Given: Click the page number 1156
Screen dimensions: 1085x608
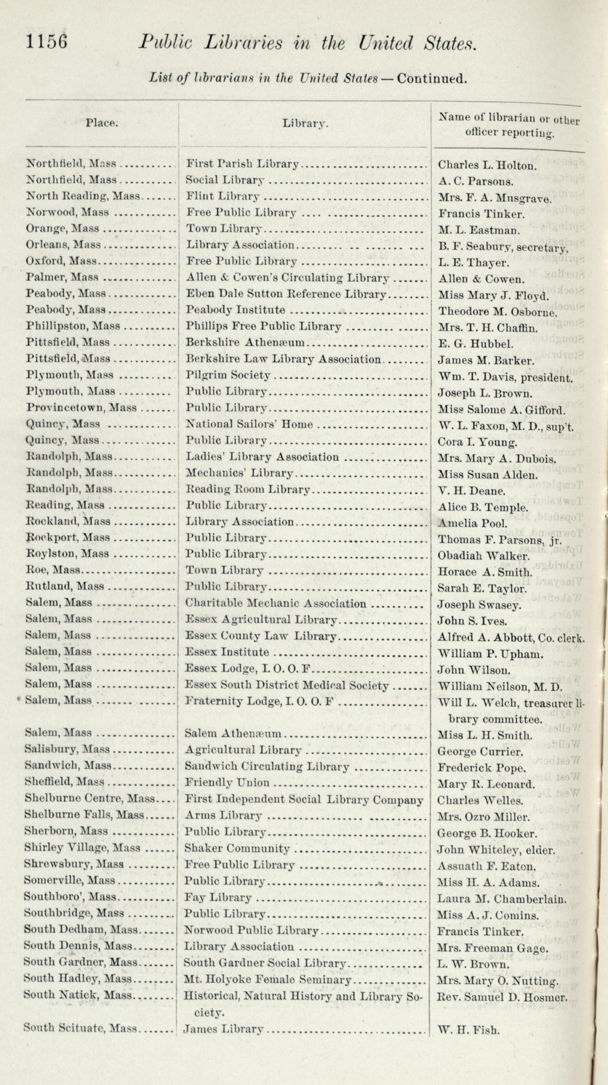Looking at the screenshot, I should point(46,43).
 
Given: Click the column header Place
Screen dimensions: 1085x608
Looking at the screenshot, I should point(101,123).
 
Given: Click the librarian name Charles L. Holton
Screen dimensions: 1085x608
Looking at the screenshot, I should point(488,165).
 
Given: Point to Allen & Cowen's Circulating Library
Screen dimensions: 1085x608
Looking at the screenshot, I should point(287,278).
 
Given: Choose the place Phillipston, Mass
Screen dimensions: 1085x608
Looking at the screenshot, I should point(73,326).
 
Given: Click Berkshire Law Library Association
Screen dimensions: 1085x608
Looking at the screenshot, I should point(283,359).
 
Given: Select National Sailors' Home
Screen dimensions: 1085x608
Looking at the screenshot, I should point(250,424).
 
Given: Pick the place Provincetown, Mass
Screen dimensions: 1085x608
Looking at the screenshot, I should point(81,408).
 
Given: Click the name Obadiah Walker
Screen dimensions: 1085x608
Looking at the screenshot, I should point(483,556).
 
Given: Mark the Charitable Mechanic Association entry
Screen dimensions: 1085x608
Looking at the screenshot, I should point(275,603).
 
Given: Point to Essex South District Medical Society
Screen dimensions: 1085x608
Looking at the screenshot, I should point(287,686).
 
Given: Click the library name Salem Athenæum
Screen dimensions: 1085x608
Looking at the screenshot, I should point(233,733).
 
